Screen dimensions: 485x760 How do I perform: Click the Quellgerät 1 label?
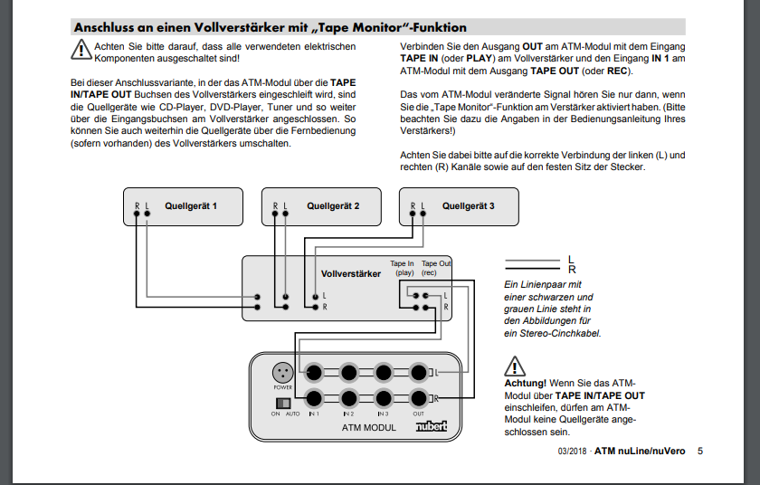[x=190, y=206]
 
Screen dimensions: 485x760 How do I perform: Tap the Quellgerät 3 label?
[x=468, y=206]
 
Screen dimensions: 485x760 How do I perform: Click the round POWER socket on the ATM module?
[x=280, y=372]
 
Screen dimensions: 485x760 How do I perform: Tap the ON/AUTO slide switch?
[x=282, y=401]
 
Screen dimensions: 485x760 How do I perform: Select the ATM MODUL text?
[x=368, y=427]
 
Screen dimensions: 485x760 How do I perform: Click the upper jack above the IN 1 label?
[x=315, y=372]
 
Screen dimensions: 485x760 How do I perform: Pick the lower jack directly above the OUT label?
[x=418, y=399]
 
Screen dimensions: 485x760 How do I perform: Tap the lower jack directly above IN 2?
[x=349, y=399]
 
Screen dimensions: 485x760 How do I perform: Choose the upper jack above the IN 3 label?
[x=384, y=372]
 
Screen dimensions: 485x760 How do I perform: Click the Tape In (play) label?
[x=403, y=268]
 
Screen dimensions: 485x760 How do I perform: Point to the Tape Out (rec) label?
[x=436, y=268]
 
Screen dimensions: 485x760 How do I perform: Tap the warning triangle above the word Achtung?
[x=515, y=366]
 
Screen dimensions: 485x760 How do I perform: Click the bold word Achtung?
[x=526, y=384]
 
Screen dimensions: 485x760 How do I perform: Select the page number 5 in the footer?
[x=699, y=452]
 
